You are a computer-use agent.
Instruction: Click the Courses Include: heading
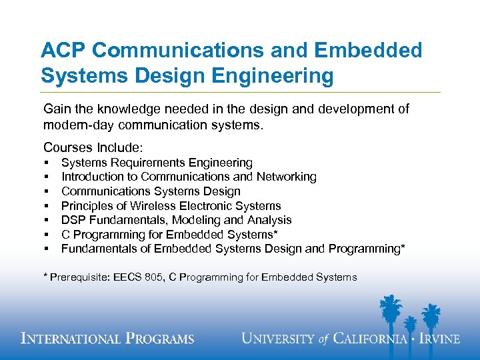[x=93, y=147]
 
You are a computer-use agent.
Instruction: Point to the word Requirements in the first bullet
[x=145, y=163]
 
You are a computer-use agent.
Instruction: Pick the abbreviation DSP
[x=73, y=220]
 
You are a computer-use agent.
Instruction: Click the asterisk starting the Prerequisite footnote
[x=45, y=277]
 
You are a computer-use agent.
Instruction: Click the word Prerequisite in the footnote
[x=79, y=277]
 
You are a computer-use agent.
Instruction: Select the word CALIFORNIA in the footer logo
[x=370, y=339]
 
